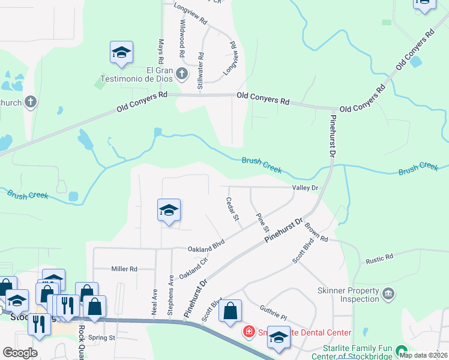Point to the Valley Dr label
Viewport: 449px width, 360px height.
(x=304, y=188)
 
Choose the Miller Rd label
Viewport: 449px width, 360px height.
(x=124, y=269)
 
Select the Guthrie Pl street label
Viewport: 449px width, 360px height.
(x=274, y=313)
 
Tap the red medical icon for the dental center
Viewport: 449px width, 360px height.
(x=248, y=331)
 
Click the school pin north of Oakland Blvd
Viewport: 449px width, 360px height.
(x=169, y=210)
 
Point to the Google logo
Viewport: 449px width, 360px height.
(x=20, y=353)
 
